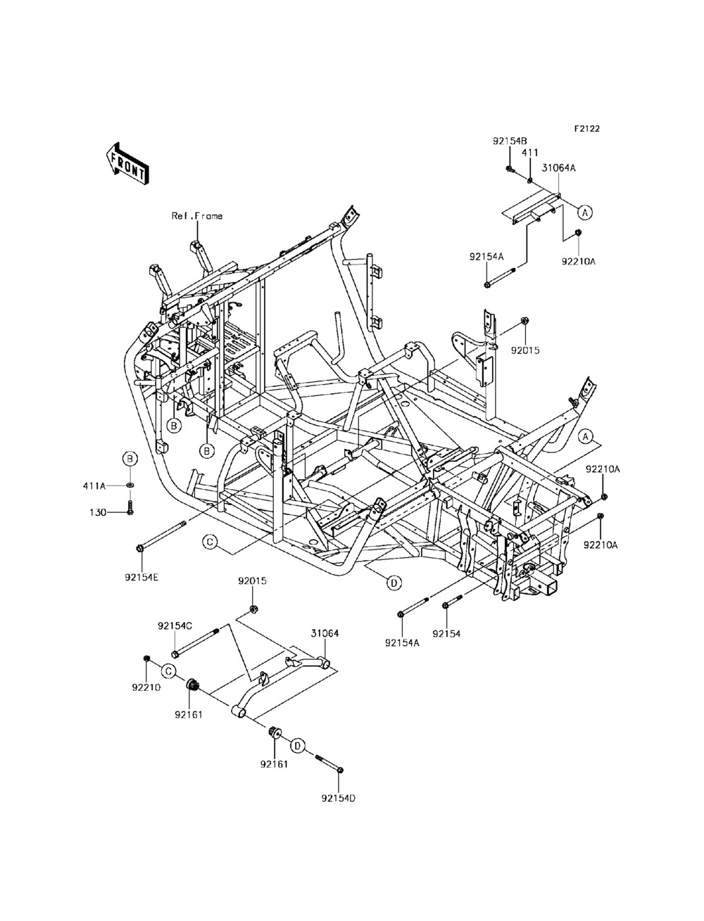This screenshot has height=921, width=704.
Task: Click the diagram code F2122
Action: (586, 129)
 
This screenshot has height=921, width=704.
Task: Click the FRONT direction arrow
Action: (126, 164)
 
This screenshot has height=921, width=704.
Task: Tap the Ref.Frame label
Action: (197, 216)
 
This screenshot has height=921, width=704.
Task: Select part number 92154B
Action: (510, 141)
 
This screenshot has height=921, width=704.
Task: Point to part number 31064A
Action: (559, 168)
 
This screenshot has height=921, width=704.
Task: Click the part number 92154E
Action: (142, 578)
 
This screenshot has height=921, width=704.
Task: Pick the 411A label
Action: (94, 486)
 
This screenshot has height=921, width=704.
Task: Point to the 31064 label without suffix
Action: (325, 633)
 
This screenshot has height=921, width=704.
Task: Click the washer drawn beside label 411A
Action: (130, 485)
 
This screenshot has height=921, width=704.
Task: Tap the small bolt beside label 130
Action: (130, 508)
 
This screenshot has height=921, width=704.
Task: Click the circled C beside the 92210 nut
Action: (168, 671)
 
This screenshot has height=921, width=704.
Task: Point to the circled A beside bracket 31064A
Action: (585, 212)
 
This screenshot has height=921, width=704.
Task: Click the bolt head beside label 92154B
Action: (509, 169)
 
